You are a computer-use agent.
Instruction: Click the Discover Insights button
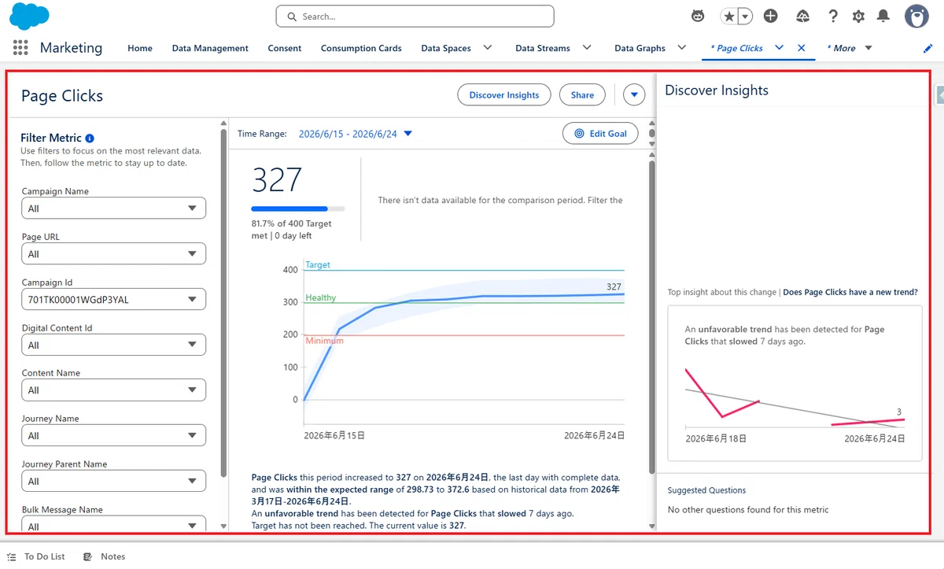[x=504, y=94]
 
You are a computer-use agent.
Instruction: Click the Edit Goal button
[x=600, y=134]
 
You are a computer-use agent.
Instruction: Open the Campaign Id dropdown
[x=114, y=299]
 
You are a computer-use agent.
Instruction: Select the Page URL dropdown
[x=114, y=253]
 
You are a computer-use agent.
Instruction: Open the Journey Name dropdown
[x=114, y=435]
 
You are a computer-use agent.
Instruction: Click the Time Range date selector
[x=355, y=134]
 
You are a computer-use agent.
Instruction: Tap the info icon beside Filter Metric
[x=90, y=138]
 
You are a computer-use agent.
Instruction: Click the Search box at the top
[x=415, y=17]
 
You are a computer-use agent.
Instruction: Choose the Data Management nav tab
[x=210, y=48]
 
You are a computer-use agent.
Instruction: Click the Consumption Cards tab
[x=361, y=48]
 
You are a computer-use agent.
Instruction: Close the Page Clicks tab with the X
[x=801, y=48]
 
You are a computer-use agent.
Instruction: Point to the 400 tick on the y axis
[x=290, y=270]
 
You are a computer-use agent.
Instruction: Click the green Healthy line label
[x=321, y=297]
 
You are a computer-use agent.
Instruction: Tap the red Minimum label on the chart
[x=324, y=341]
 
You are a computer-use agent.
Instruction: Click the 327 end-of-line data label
[x=614, y=287]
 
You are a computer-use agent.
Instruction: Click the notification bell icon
[x=883, y=16]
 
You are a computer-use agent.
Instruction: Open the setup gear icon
[x=858, y=17]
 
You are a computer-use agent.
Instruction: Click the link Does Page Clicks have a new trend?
[x=850, y=292]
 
